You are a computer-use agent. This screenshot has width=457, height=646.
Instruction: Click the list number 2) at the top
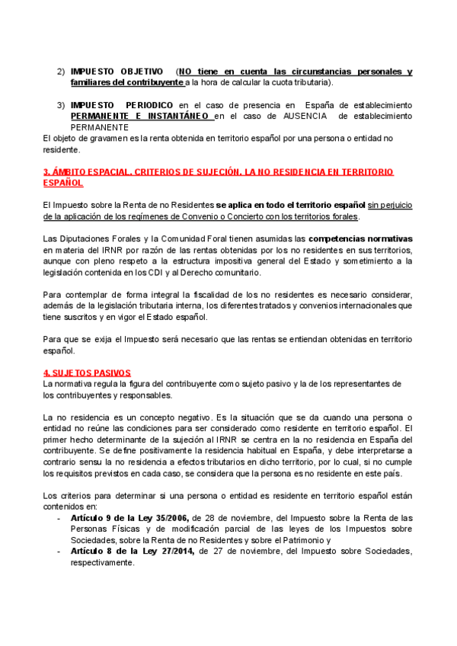click(x=61, y=72)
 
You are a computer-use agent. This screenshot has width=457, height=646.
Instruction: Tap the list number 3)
click(x=61, y=105)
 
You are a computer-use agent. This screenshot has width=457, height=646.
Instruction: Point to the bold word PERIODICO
click(x=147, y=105)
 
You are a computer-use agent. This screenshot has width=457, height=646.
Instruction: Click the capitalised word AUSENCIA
click(x=298, y=116)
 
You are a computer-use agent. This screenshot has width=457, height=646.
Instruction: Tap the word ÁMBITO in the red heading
click(x=72, y=173)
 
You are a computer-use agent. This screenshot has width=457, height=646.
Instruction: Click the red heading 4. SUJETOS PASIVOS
click(x=87, y=373)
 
